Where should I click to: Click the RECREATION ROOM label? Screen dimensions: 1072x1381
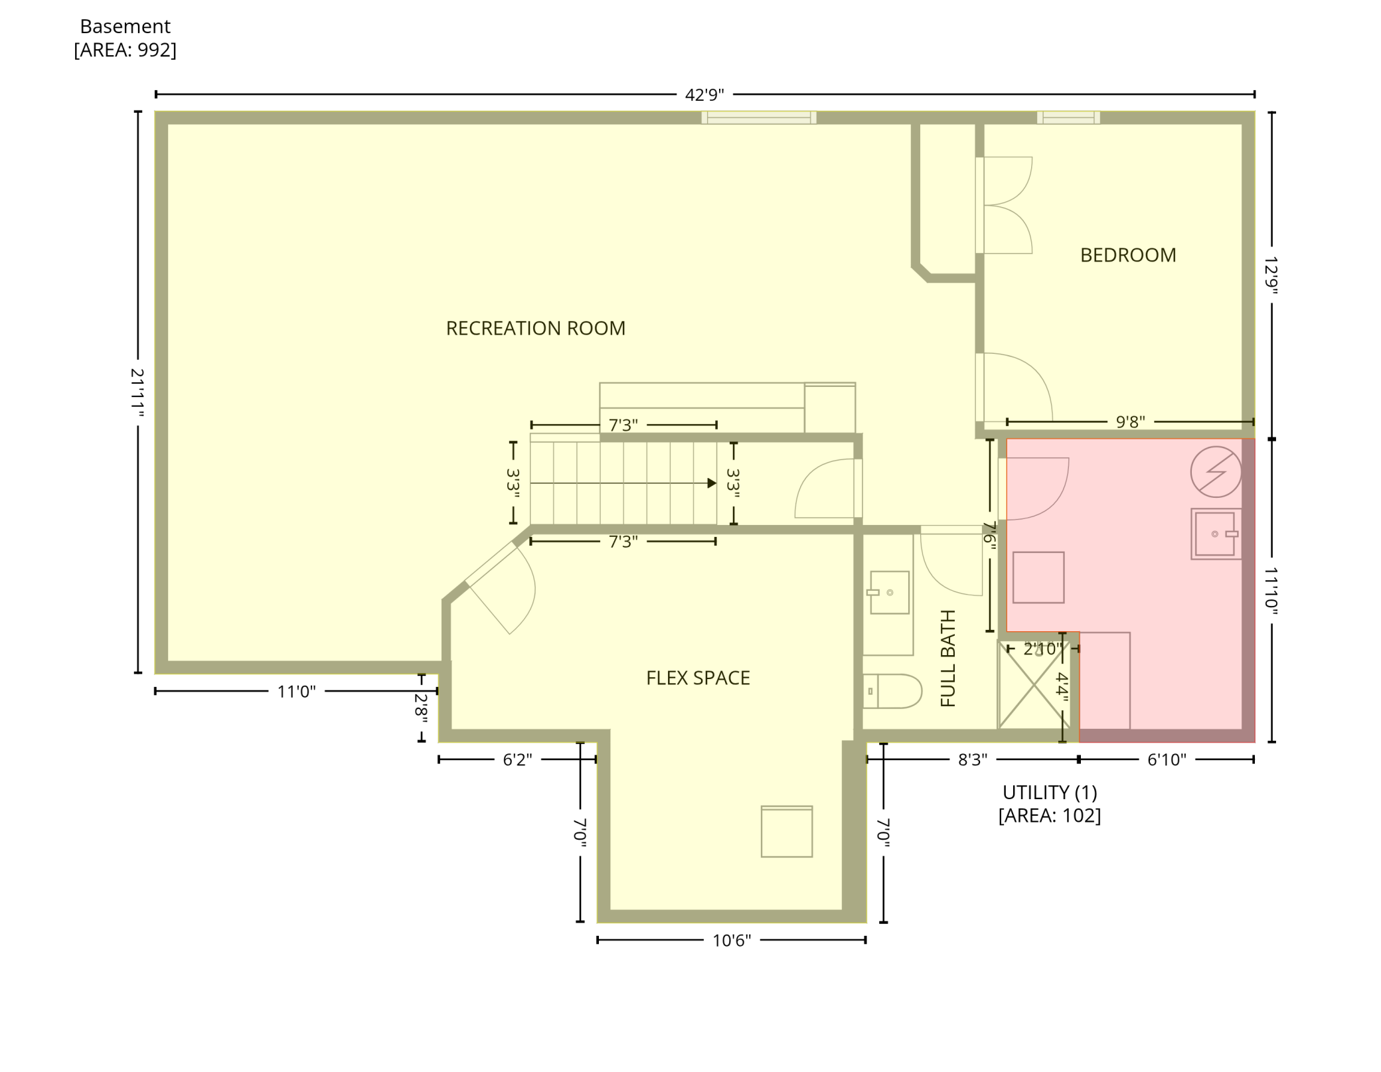[535, 328]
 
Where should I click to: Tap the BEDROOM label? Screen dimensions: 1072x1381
[1127, 255]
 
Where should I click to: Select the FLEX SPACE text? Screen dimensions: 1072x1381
[698, 678]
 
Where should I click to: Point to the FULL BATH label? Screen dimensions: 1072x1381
[948, 658]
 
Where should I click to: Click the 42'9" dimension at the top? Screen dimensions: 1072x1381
[704, 95]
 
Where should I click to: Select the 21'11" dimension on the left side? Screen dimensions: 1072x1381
[137, 392]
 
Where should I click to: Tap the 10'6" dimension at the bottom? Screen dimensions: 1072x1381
[731, 941]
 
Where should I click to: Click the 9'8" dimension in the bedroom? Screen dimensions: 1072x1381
[1130, 421]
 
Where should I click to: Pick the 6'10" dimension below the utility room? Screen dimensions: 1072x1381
[1166, 759]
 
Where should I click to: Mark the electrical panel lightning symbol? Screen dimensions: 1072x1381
[1216, 472]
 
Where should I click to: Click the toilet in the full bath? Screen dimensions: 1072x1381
[893, 692]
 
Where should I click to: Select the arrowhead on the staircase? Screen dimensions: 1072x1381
[712, 483]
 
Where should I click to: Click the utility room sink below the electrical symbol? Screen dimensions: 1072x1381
[1216, 534]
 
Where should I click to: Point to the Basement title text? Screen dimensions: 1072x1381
[125, 27]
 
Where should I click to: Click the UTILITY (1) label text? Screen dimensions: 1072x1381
[1049, 793]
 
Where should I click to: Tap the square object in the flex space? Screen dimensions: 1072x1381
[786, 832]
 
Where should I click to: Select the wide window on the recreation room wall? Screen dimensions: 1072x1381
[759, 117]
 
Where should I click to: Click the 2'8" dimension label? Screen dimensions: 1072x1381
[421, 708]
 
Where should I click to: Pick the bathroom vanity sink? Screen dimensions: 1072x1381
[889, 592]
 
